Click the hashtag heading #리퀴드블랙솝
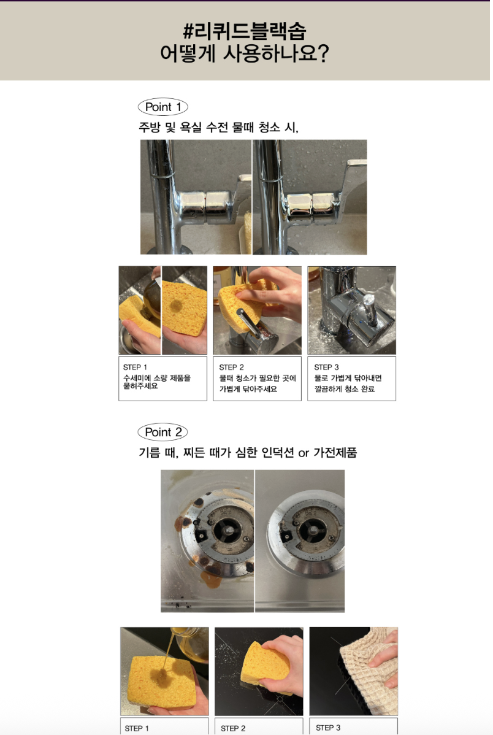[245, 31]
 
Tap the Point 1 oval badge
[162, 107]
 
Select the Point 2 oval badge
[162, 432]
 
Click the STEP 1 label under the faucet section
[135, 367]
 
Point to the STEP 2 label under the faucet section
[232, 367]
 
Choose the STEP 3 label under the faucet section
[326, 367]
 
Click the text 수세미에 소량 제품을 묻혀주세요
[157, 382]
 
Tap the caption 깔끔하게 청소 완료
[345, 388]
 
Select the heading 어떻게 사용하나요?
[245, 53]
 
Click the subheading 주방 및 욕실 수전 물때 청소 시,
[218, 127]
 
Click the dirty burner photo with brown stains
[207, 541]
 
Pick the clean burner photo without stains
[300, 541]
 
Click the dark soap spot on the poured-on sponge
[162, 675]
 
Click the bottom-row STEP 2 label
[234, 728]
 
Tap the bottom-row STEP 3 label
[328, 728]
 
